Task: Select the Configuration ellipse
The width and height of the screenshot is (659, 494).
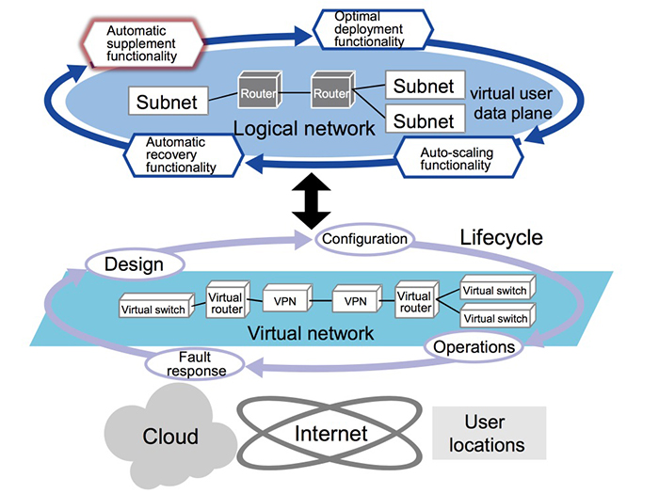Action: (x=363, y=239)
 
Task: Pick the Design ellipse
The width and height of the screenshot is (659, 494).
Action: (x=133, y=265)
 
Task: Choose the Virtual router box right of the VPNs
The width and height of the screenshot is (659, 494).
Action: (x=413, y=299)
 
